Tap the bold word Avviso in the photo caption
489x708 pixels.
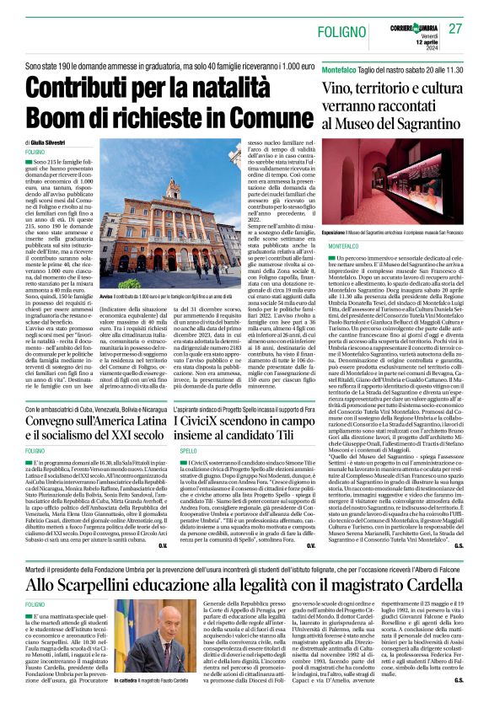pyautogui.click(x=106, y=298)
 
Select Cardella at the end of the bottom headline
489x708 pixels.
pyautogui.click(x=427, y=561)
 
